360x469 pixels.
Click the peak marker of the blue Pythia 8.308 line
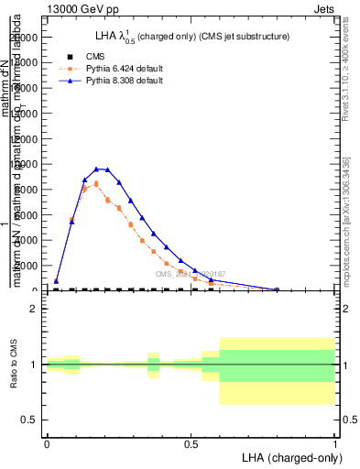96,169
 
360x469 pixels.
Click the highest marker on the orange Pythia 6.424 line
96,183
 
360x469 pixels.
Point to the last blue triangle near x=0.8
277,289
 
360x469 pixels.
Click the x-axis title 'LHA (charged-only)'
288,456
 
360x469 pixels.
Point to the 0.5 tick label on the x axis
191,442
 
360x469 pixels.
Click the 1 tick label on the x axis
334,442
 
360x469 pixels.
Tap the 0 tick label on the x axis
47,442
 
